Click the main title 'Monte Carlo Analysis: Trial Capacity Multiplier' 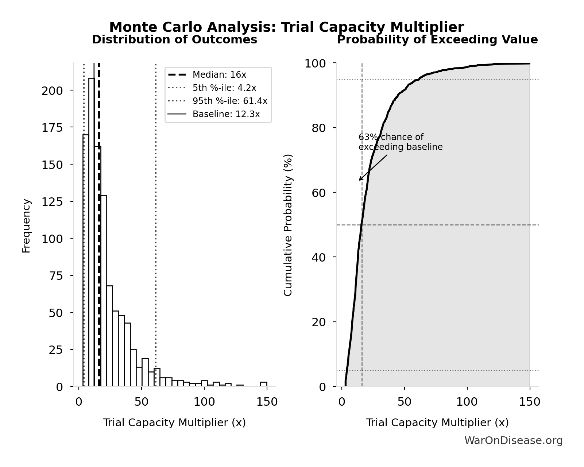tap(286, 27)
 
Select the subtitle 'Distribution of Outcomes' tap(174, 40)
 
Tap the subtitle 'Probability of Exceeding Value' tap(437, 40)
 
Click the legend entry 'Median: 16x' tap(219, 75)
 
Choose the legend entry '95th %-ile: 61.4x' tap(230, 101)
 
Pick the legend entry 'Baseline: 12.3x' tap(226, 114)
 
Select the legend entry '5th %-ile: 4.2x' tap(224, 88)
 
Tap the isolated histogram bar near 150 tap(263, 384)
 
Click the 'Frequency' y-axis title tap(26, 225)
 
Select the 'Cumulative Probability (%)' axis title tap(288, 225)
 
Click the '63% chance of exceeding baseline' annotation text tap(400, 142)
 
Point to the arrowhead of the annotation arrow tap(359, 180)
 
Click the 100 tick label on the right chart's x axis tap(467, 402)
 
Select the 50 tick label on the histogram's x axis tap(141, 402)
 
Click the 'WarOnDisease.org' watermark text tap(513, 441)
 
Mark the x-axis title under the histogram tap(174, 422)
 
